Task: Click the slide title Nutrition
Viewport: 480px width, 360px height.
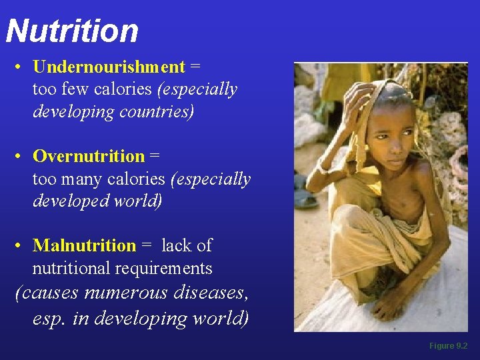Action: click(72, 31)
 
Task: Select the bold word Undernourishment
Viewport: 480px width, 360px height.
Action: click(109, 67)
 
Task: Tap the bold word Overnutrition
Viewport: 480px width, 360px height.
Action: click(89, 156)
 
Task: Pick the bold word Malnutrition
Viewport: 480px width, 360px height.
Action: click(84, 245)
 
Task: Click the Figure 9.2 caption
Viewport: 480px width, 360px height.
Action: click(448, 346)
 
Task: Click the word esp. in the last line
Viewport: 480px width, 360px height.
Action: click(50, 318)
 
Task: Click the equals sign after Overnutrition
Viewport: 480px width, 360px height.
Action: click(155, 157)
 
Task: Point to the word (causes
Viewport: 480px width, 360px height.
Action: click(47, 293)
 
